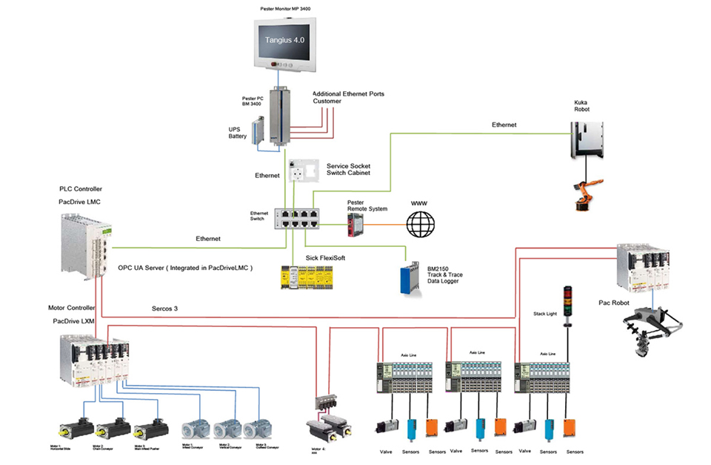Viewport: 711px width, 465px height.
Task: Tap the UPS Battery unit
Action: [257, 133]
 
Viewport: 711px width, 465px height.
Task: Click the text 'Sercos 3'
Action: [165, 307]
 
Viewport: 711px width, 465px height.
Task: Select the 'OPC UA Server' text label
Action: [185, 268]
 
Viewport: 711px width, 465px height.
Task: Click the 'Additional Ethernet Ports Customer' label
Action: [348, 97]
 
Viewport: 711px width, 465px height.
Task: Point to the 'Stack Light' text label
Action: [544, 314]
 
